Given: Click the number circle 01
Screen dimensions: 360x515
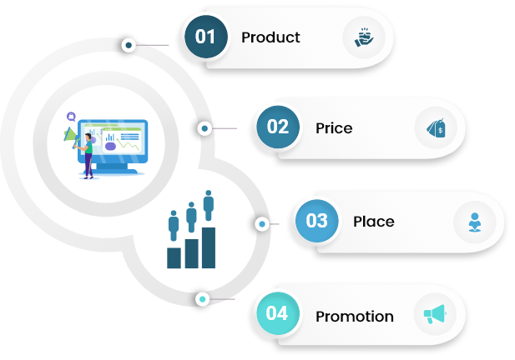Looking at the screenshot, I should (205, 37).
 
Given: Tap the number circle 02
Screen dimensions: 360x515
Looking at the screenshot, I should (277, 127).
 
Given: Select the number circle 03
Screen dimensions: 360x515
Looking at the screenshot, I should (316, 221).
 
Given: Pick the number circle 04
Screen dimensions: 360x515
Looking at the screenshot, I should (277, 313).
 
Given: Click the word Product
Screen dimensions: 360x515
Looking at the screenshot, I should (270, 37).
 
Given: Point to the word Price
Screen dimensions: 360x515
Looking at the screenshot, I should (334, 128).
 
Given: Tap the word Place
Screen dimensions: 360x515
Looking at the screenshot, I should (373, 222).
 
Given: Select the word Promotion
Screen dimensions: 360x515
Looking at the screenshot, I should (354, 317).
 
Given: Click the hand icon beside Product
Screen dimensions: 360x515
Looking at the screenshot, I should (363, 37).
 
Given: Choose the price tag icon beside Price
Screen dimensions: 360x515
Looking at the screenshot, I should (435, 128).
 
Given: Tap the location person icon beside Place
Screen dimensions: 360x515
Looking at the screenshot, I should (474, 222).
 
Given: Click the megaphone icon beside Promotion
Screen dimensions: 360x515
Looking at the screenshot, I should (435, 314).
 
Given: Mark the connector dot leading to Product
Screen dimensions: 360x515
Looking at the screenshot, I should (128, 45).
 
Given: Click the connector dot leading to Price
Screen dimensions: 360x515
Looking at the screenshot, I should (204, 128).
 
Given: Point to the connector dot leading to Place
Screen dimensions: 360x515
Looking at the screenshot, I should (262, 223).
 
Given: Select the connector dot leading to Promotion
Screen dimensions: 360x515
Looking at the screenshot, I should (202, 298).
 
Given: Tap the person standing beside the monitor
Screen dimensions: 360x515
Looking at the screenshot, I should (86, 154).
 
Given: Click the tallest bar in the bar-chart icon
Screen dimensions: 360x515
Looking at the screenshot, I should (208, 247).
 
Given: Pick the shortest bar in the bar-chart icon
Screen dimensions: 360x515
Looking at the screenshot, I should (174, 257).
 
